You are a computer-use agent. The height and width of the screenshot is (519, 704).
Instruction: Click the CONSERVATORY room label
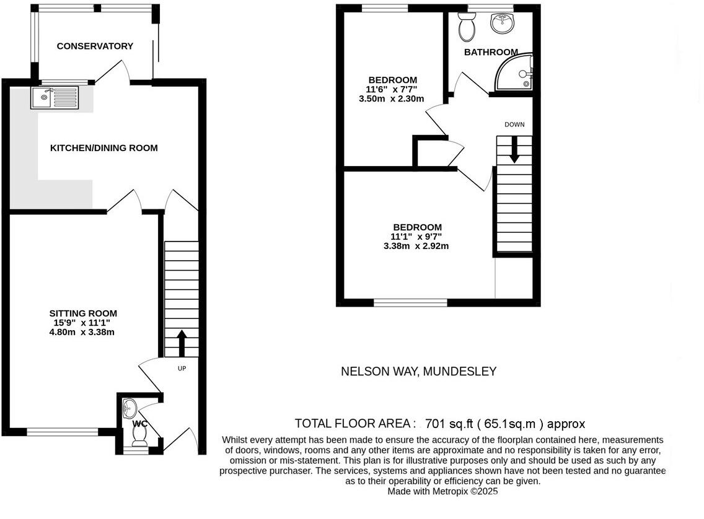(x=95, y=46)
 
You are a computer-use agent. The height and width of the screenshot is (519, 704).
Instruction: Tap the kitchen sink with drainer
(x=55, y=98)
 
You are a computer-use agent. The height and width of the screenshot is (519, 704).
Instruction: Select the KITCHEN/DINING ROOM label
(x=103, y=148)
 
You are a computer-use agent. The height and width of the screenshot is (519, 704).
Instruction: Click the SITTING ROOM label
(x=83, y=313)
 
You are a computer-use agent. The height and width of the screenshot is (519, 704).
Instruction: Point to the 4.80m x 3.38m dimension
(x=82, y=332)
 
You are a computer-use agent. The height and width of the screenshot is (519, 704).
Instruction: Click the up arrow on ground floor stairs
(x=182, y=343)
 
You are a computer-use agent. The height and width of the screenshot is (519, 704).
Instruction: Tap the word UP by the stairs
(x=182, y=369)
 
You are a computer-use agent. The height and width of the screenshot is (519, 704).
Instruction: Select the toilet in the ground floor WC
(x=139, y=438)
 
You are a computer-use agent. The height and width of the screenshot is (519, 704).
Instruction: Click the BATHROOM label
(x=491, y=52)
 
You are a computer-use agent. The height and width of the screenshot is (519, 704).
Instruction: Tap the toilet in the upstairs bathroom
(x=465, y=25)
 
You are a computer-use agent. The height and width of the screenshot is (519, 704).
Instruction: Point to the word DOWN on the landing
(x=514, y=124)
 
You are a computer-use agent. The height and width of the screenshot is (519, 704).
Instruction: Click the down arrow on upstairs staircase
(x=514, y=150)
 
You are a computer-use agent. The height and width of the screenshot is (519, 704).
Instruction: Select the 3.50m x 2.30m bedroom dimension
(x=391, y=98)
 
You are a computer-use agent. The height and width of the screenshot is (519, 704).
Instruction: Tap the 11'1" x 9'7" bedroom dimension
(x=416, y=236)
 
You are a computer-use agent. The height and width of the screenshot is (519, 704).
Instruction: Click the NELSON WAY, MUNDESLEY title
(x=418, y=372)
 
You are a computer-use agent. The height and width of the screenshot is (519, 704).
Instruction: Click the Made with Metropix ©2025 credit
(x=442, y=491)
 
